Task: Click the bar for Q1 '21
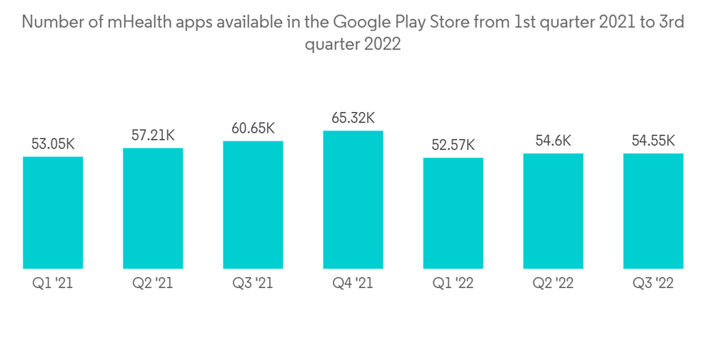pyautogui.click(x=53, y=213)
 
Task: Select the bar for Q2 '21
pyautogui.click(x=153, y=209)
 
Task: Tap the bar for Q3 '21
pyautogui.click(x=253, y=205)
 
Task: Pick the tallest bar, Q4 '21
pyautogui.click(x=353, y=200)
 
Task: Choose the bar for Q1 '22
pyautogui.click(x=453, y=214)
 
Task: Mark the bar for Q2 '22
pyautogui.click(x=553, y=211)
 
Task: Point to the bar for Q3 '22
pyautogui.click(x=653, y=211)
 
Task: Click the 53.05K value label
pyautogui.click(x=53, y=144)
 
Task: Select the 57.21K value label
pyautogui.click(x=153, y=135)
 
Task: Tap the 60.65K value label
pyautogui.click(x=253, y=129)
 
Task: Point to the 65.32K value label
pyautogui.click(x=353, y=118)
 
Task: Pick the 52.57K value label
pyautogui.click(x=453, y=145)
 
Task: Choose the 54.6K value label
pyautogui.click(x=553, y=141)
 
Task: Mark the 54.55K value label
pyautogui.click(x=653, y=141)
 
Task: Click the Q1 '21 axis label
pyautogui.click(x=53, y=283)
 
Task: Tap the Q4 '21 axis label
pyautogui.click(x=353, y=283)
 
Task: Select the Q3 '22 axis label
pyautogui.click(x=653, y=283)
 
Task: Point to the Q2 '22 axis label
pyautogui.click(x=553, y=283)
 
